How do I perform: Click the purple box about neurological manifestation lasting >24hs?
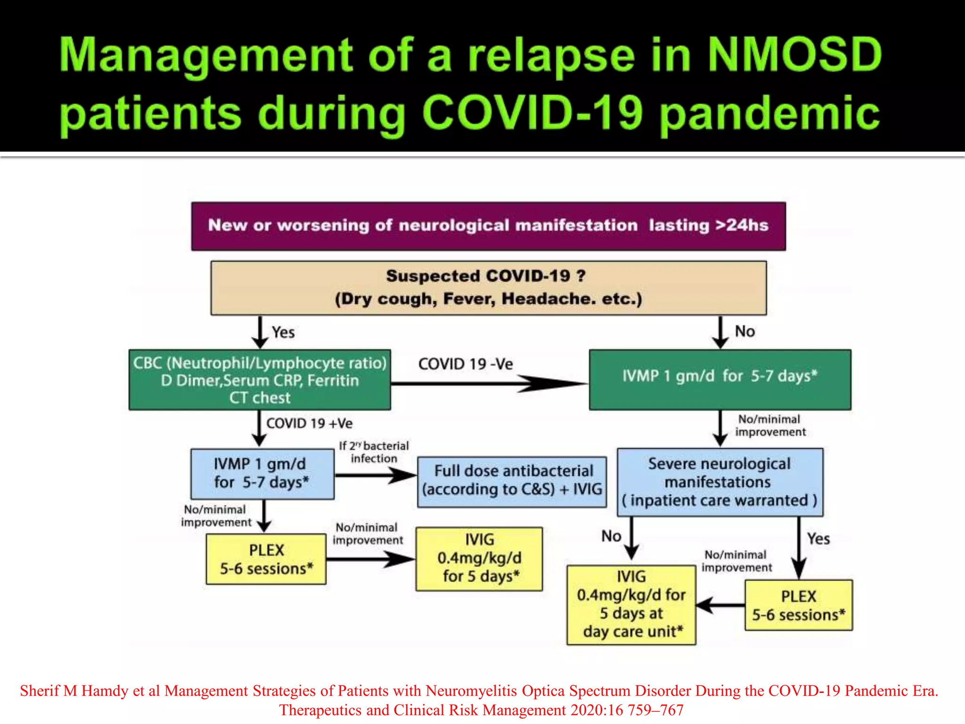pyautogui.click(x=488, y=226)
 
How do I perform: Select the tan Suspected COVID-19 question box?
pyautogui.click(x=488, y=288)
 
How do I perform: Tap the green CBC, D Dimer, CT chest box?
pyautogui.click(x=260, y=380)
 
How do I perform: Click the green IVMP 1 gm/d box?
pyautogui.click(x=720, y=379)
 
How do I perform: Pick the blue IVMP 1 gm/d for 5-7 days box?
pyautogui.click(x=262, y=474)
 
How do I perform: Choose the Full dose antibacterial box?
pyautogui.click(x=512, y=481)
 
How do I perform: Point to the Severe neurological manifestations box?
pyautogui.click(x=720, y=482)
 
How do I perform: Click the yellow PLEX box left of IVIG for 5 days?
pyautogui.click(x=266, y=559)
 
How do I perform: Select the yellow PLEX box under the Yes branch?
pyautogui.click(x=798, y=605)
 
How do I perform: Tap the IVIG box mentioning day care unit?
pyautogui.click(x=631, y=605)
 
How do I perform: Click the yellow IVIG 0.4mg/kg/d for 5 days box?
pyautogui.click(x=479, y=559)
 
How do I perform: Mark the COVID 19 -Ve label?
pyautogui.click(x=465, y=364)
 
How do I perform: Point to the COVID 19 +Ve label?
pyautogui.click(x=309, y=423)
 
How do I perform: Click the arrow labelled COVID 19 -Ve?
pyautogui.click(x=490, y=384)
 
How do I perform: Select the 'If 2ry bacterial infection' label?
pyautogui.click(x=374, y=452)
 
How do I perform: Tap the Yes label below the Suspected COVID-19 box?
pyautogui.click(x=283, y=332)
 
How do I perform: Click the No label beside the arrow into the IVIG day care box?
pyautogui.click(x=611, y=536)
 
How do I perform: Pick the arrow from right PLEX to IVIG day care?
pyautogui.click(x=720, y=605)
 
